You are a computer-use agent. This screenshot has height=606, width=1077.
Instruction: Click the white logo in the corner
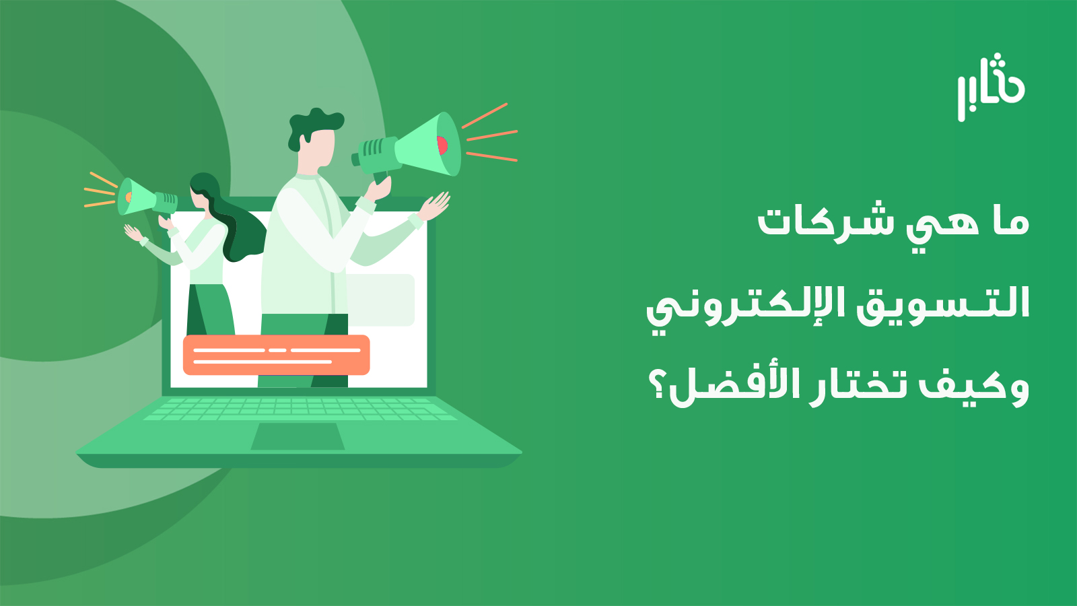(990, 88)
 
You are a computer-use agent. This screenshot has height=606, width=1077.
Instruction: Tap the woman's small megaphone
(147, 198)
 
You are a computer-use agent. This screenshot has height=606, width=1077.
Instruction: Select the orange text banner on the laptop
(277, 355)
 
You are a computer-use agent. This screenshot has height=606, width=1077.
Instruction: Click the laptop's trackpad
(298, 436)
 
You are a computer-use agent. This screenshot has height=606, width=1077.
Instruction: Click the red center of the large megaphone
(442, 145)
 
